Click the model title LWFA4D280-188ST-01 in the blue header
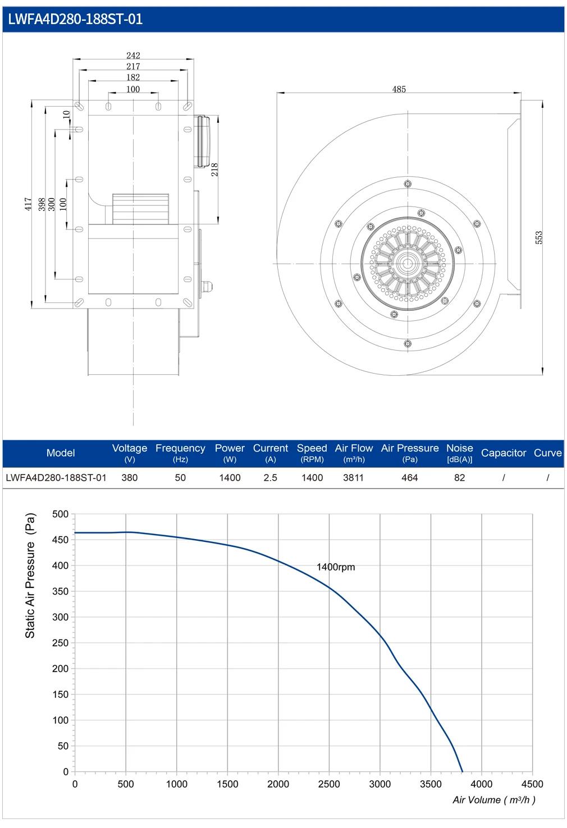click(75, 19)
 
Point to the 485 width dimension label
click(399, 89)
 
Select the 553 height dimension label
click(539, 237)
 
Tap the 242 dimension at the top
click(133, 56)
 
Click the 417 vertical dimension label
click(29, 204)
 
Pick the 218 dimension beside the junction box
click(214, 169)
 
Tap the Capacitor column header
click(504, 453)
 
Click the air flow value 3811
click(353, 477)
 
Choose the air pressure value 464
click(409, 477)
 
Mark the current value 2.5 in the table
click(271, 477)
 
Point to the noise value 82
click(459, 477)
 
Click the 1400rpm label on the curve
click(336, 567)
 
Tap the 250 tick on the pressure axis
click(60, 643)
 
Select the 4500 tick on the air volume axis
click(532, 784)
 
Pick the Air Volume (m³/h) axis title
click(494, 800)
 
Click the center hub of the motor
click(408, 264)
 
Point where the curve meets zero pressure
click(463, 771)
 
